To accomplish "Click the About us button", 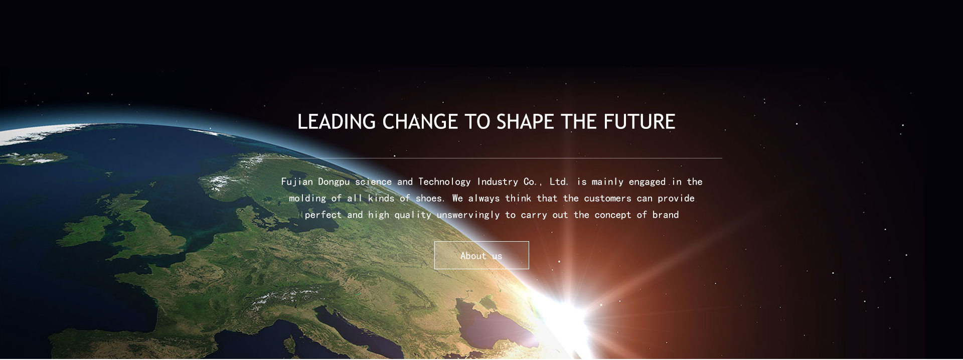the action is [x=481, y=255].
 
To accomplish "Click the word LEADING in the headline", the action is [x=337, y=122].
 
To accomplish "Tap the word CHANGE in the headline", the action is [x=420, y=122].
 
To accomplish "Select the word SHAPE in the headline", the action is [x=525, y=122].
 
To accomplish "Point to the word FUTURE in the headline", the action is [x=639, y=122].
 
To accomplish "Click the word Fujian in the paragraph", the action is [x=297, y=182].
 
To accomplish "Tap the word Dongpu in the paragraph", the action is [x=334, y=182].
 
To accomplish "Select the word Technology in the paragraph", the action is [x=444, y=182].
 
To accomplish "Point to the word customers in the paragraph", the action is [x=607, y=198].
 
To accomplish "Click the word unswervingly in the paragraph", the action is [x=468, y=215].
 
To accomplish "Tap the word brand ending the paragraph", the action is [x=666, y=215].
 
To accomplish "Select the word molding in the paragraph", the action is [x=307, y=199].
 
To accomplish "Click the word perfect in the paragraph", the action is [x=323, y=215].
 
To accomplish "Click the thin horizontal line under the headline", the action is [x=481, y=158].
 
